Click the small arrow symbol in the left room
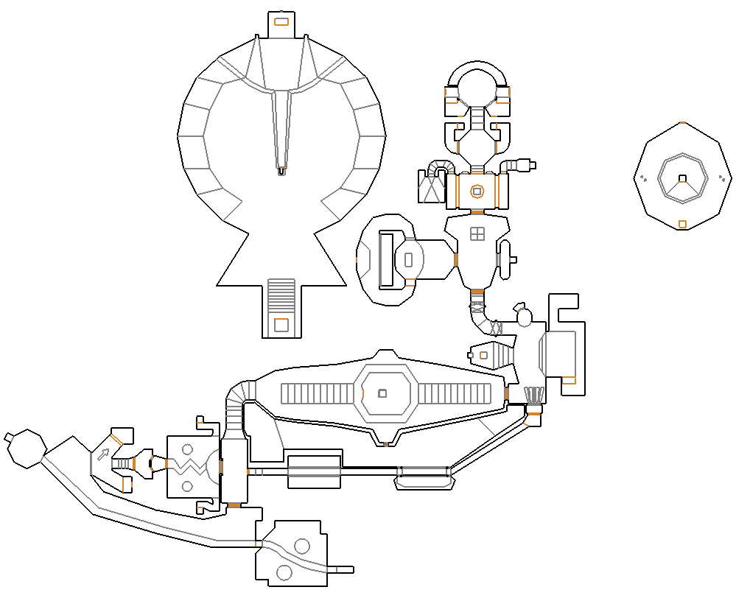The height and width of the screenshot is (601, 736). (103, 454)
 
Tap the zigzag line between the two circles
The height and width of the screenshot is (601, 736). (189, 467)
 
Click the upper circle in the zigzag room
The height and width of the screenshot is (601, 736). (187, 449)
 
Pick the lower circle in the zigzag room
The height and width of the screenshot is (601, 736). (187, 486)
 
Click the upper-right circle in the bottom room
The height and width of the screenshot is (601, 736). (301, 546)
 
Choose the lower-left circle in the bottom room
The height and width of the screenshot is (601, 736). (283, 572)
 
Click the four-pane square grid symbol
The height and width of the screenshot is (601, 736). (477, 233)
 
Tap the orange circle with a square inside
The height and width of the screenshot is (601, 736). (477, 191)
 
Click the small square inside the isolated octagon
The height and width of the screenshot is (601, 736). (682, 178)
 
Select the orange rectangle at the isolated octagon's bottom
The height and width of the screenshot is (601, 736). (682, 224)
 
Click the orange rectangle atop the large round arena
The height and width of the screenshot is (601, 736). (281, 21)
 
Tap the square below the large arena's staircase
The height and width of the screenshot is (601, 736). (281, 324)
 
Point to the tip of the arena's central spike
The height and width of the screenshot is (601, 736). (281, 172)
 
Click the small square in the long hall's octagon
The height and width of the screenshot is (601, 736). (382, 393)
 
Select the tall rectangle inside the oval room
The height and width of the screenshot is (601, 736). (387, 259)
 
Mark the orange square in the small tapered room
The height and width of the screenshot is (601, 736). (483, 355)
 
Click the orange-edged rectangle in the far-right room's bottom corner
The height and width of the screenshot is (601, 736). (568, 381)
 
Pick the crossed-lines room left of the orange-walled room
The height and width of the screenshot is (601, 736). (431, 187)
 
